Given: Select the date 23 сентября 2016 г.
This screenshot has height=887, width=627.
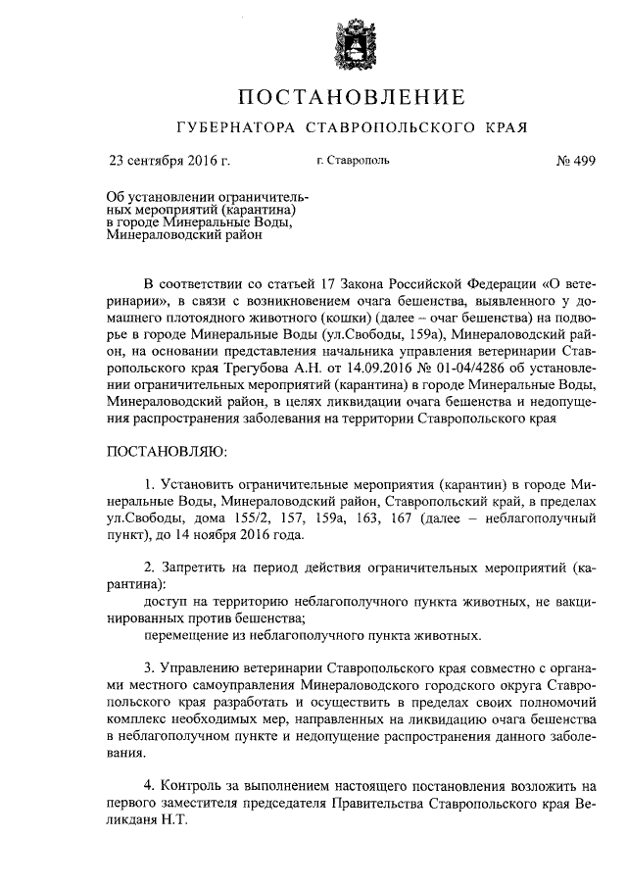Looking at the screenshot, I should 169,160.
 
